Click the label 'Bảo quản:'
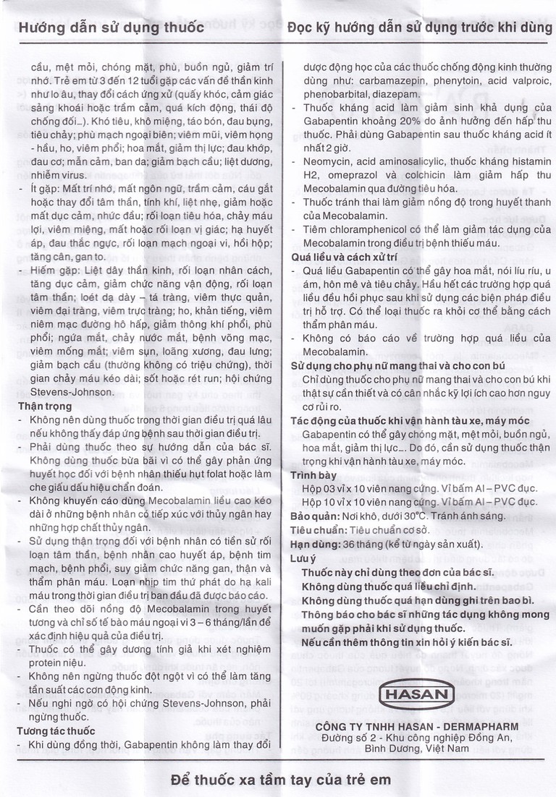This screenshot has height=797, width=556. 313,516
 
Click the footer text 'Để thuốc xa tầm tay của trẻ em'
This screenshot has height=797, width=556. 279,779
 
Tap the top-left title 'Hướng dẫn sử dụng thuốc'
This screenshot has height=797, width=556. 111,30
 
